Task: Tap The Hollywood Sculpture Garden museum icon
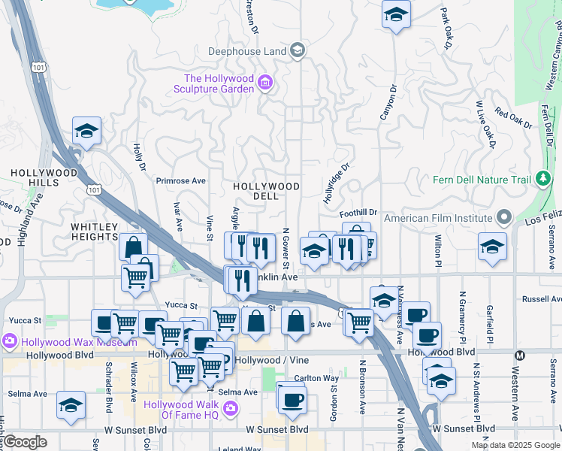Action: click(264, 83)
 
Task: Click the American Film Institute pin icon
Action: click(504, 219)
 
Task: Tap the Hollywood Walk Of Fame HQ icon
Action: click(231, 409)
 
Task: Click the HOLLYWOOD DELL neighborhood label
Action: click(266, 191)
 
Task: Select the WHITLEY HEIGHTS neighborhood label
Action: click(95, 232)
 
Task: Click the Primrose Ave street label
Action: click(180, 181)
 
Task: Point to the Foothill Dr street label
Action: click(358, 213)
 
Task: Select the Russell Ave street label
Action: click(542, 298)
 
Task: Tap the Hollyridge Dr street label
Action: click(337, 183)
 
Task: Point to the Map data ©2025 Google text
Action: click(515, 445)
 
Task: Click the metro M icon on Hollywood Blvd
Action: click(519, 355)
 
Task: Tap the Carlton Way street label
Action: click(316, 378)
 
